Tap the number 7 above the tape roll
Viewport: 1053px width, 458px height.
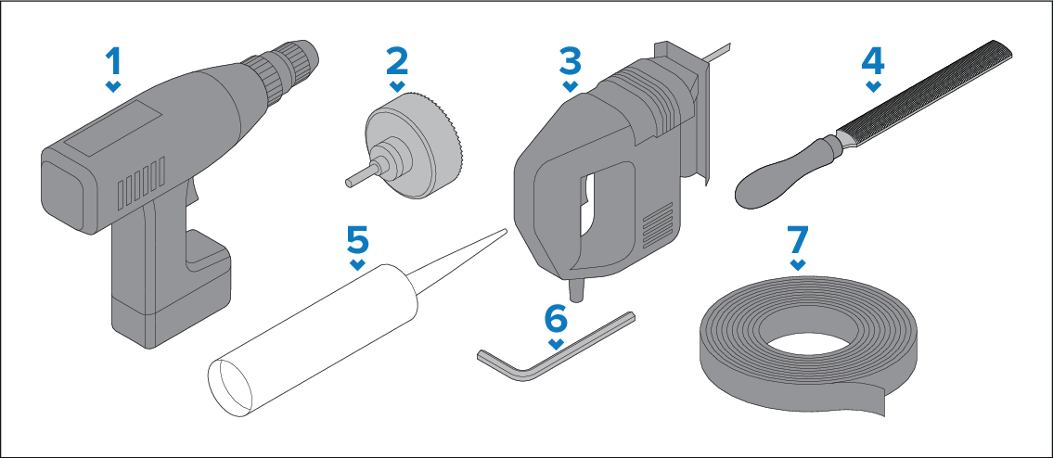click(x=797, y=239)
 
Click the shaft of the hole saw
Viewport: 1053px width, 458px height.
click(x=356, y=179)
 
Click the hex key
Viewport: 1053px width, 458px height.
click(x=547, y=351)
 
